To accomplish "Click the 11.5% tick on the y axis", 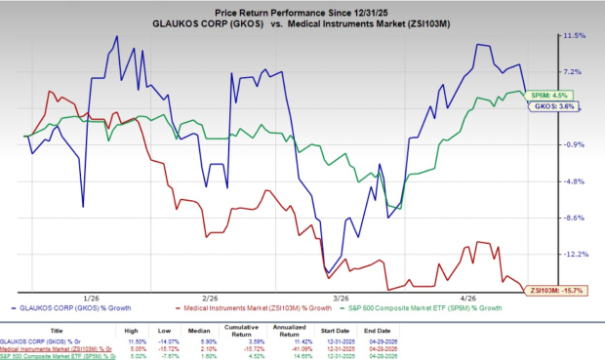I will (x=573, y=35).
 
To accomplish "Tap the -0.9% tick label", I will (x=573, y=144).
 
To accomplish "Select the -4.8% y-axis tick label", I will (x=573, y=181).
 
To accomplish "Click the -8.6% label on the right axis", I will (x=573, y=218).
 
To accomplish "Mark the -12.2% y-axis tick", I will (x=574, y=254).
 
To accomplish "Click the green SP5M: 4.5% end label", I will (x=541, y=95).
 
